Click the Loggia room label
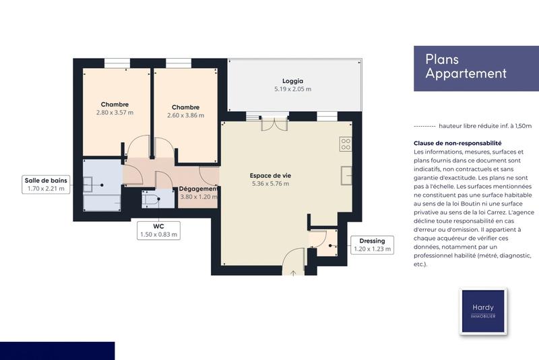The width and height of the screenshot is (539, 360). tap(292, 80)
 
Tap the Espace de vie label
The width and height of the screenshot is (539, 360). tap(269, 175)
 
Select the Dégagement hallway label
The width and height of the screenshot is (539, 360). tap(199, 189)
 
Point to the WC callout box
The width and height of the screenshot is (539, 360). tap(158, 230)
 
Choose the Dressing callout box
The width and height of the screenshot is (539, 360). tap(373, 245)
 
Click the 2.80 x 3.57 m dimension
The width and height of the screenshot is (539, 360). tap(115, 113)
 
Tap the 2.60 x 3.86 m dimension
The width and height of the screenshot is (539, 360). tap(185, 115)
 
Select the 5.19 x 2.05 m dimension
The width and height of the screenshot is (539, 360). tap(292, 89)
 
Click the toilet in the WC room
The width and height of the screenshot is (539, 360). tap(149, 198)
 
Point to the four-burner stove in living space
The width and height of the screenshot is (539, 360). tap(346, 144)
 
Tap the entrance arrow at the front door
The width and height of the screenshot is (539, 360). tap(294, 272)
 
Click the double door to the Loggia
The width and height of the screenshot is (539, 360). tap(274, 123)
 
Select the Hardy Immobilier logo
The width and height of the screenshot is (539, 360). tap(482, 311)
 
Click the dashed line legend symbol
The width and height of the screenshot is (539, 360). tap(423, 126)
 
